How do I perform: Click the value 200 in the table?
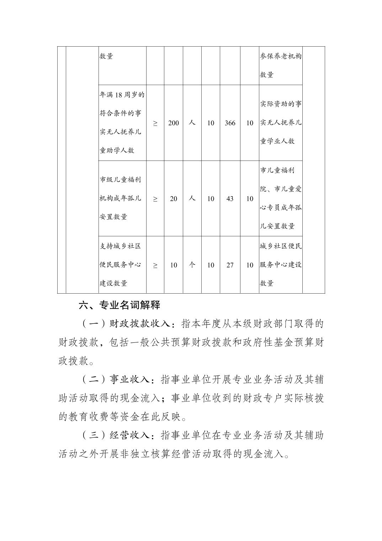(174, 123)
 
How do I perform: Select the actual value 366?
(230, 123)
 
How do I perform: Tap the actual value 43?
(230, 199)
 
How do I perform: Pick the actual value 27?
(230, 265)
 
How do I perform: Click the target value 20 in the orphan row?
(174, 199)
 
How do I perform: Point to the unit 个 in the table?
(192, 265)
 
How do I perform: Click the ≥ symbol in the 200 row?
(155, 123)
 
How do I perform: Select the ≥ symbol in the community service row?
(155, 265)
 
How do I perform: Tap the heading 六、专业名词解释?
(120, 305)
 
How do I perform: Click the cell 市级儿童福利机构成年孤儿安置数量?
(121, 198)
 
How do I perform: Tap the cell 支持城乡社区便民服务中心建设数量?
(121, 265)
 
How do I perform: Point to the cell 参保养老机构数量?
(281, 65)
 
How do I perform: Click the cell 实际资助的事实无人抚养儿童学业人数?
(281, 122)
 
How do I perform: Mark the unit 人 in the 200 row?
(192, 123)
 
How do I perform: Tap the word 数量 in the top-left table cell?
(106, 56)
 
